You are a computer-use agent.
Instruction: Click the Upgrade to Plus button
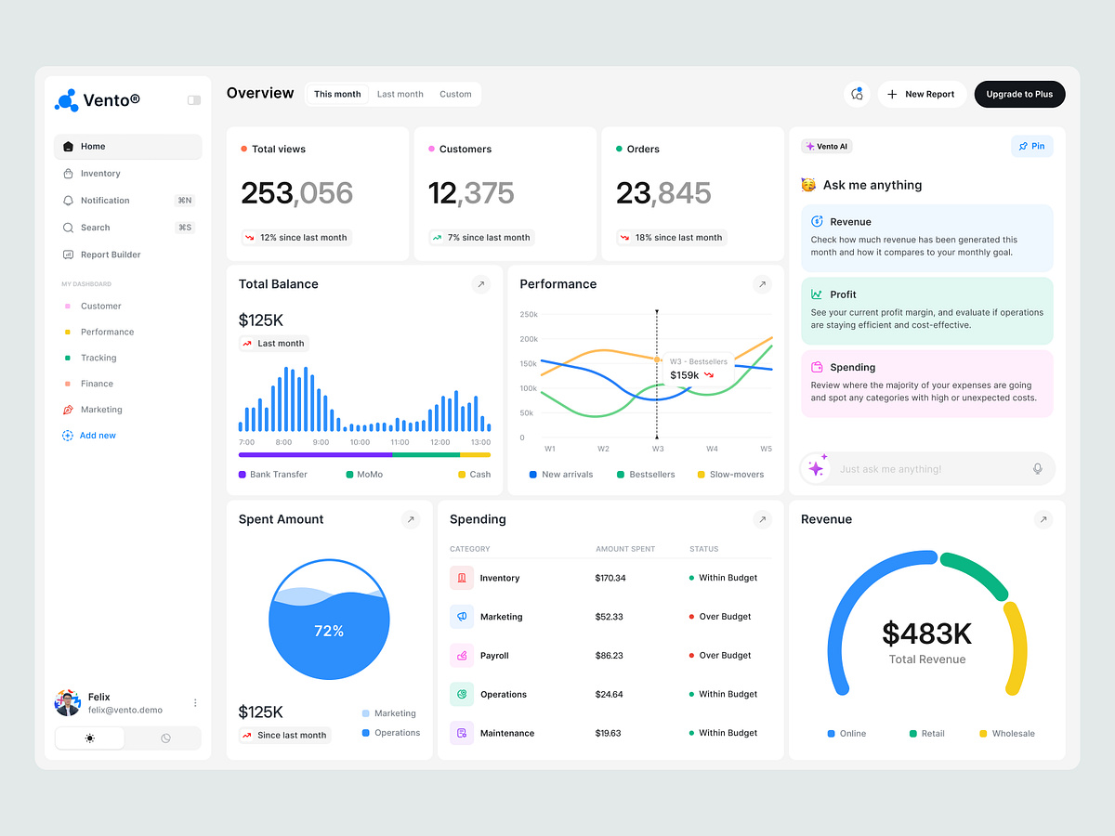(1019, 94)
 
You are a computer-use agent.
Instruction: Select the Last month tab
(400, 94)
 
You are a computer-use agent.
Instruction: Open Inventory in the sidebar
(99, 174)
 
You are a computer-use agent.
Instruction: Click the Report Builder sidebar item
(110, 255)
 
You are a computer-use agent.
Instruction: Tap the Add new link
(97, 436)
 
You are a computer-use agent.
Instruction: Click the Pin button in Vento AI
(1031, 146)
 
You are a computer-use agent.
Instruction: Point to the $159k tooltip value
(685, 375)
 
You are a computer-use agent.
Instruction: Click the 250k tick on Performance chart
(529, 314)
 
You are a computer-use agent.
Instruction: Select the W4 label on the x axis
(712, 449)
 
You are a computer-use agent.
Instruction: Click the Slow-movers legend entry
(736, 475)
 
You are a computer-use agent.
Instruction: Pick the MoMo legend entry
(369, 475)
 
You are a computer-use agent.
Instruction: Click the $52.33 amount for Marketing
(610, 617)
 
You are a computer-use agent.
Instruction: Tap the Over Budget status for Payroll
(725, 656)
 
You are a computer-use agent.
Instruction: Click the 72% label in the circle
(329, 631)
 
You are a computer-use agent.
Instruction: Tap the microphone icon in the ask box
(1038, 469)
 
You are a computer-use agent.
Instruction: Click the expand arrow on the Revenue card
(1043, 520)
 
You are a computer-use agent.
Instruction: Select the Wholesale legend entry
(1012, 734)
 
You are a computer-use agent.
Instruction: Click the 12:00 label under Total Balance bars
(440, 442)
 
